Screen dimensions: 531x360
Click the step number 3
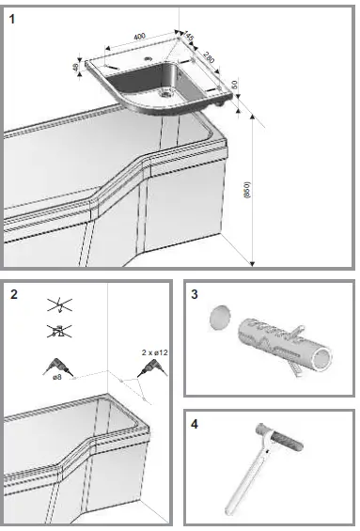click(196, 294)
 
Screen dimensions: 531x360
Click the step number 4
click(196, 425)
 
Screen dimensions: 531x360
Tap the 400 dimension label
click(139, 36)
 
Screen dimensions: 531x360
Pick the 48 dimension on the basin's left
click(76, 68)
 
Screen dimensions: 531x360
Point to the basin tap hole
click(147, 59)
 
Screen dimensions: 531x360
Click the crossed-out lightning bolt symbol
click(57, 305)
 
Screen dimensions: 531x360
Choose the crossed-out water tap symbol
click(57, 331)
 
